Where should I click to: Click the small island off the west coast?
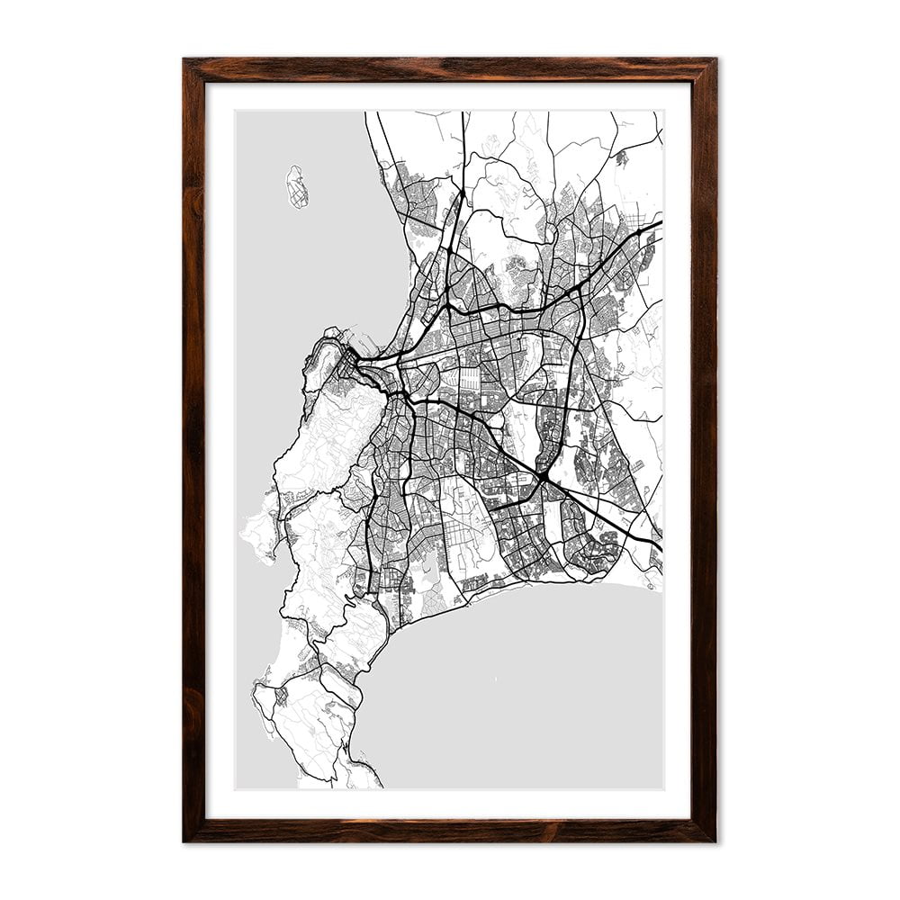(x=296, y=186)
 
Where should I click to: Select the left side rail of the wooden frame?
(x=194, y=450)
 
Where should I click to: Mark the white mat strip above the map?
(x=450, y=96)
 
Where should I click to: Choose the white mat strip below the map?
(x=450, y=804)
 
